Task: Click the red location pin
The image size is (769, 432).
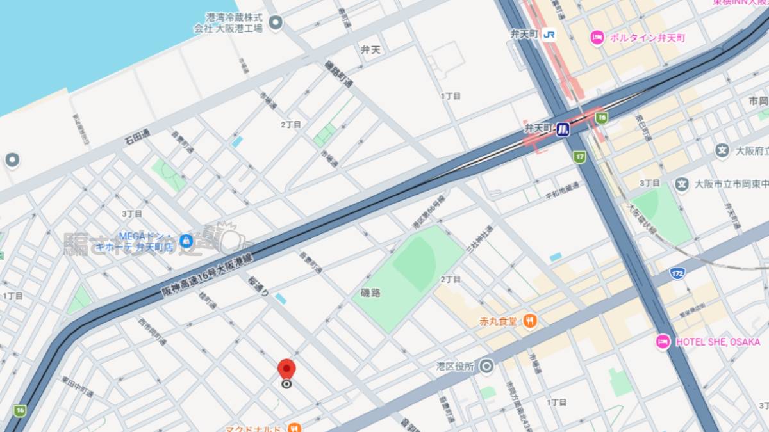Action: [x=286, y=371]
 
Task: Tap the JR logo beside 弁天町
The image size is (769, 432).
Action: [x=549, y=35]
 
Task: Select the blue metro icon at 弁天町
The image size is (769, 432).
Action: [x=563, y=129]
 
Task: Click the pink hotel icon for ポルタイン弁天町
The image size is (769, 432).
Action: [x=597, y=38]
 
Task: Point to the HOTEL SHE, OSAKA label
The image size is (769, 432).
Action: [x=717, y=342]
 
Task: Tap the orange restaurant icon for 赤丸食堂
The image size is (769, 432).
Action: [x=530, y=321]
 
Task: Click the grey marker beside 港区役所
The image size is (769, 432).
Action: [x=486, y=367]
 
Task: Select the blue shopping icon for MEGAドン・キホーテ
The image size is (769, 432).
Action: [x=186, y=241]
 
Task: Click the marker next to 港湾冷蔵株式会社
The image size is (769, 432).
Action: [x=276, y=24]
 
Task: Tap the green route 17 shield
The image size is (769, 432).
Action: [x=579, y=156]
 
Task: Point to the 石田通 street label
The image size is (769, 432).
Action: [x=136, y=136]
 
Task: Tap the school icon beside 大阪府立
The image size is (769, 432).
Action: [x=722, y=151]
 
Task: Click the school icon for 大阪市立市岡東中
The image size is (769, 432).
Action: [x=682, y=184]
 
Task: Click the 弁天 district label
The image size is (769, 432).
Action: [x=370, y=49]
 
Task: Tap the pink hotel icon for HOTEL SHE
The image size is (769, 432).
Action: [x=663, y=342]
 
